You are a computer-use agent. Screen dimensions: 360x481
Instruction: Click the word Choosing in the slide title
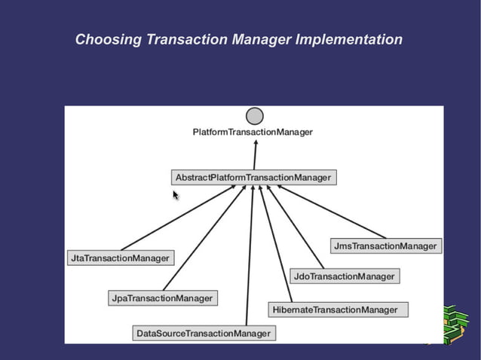[107, 39]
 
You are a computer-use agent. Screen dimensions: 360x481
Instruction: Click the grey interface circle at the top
[255, 116]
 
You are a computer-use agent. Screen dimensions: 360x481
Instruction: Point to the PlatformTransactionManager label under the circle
[253, 132]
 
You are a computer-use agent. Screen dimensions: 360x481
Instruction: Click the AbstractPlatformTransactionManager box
[253, 178]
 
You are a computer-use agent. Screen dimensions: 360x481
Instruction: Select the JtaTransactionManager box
[121, 258]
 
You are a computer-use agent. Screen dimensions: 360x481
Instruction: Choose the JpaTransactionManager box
[162, 298]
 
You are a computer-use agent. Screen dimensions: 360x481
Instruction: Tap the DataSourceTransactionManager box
[204, 333]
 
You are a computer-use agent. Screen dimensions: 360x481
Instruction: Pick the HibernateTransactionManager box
[338, 310]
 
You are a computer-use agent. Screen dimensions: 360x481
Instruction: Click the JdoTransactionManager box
[344, 276]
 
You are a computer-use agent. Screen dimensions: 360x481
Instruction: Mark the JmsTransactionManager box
[385, 246]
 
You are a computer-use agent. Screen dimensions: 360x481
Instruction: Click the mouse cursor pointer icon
[176, 195]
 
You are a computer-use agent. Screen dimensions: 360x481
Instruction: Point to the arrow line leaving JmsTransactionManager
[332, 212]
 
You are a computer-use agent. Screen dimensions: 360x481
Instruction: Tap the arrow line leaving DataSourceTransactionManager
[250, 256]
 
